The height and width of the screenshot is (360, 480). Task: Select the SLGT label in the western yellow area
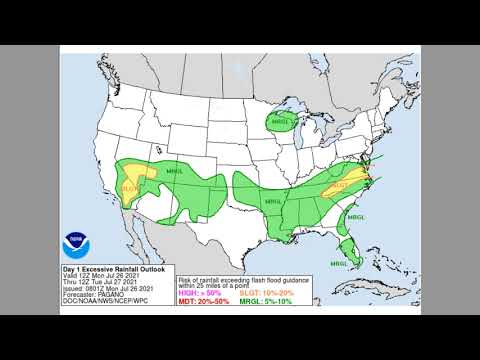pos(131,187)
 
